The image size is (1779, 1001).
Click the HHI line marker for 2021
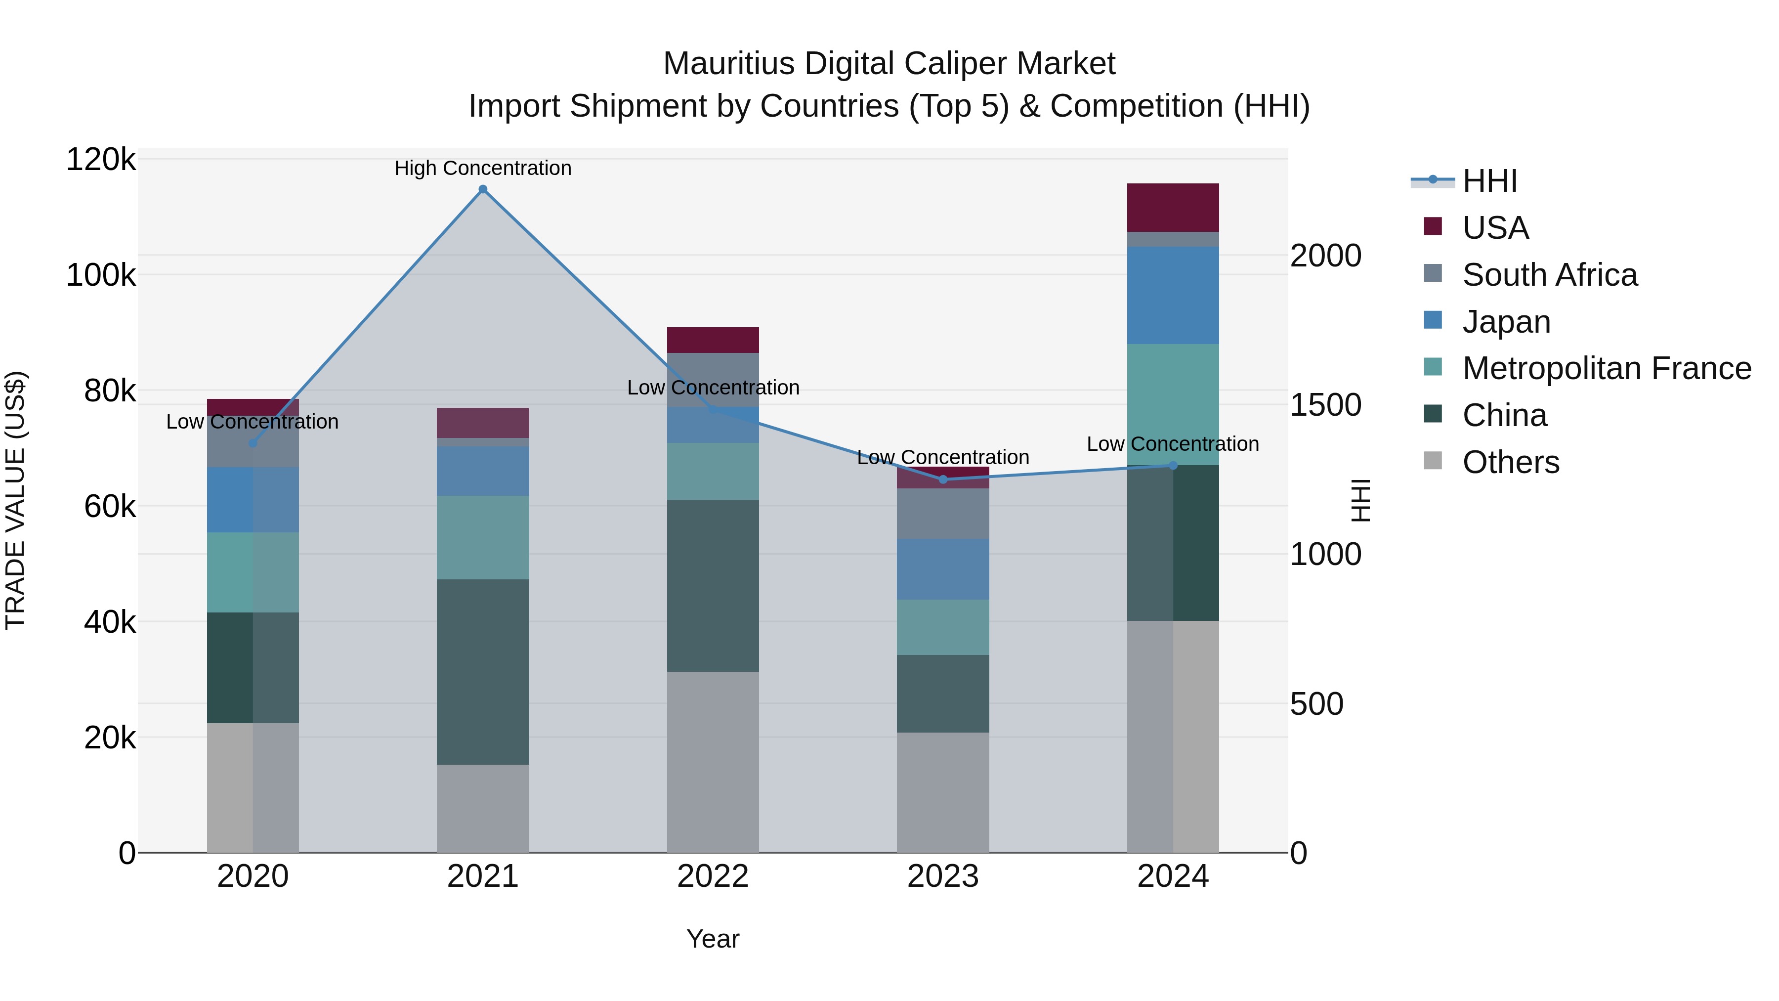tap(483, 189)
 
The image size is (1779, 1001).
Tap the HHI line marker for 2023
tap(943, 479)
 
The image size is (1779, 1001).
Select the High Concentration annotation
tap(483, 168)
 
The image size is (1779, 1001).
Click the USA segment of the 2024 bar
tap(1173, 207)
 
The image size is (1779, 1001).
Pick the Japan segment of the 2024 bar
tap(1173, 295)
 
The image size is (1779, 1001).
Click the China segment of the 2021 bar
tap(483, 671)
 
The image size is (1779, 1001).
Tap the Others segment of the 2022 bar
tap(713, 761)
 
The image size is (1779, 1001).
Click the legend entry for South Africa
tap(1549, 275)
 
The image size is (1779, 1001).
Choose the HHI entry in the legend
tap(1489, 181)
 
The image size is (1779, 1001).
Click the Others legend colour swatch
tap(1433, 461)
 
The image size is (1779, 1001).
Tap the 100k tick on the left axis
tap(101, 275)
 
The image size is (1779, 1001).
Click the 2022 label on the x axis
tap(713, 876)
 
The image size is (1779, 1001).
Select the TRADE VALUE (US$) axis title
tap(15, 500)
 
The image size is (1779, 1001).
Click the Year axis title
tap(713, 939)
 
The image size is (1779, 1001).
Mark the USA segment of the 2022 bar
tap(713, 340)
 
